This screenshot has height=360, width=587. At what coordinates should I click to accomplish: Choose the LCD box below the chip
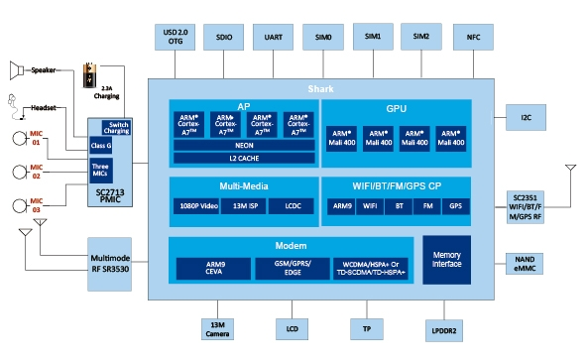coord(290,328)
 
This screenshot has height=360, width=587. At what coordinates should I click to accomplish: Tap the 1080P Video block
coord(201,207)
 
